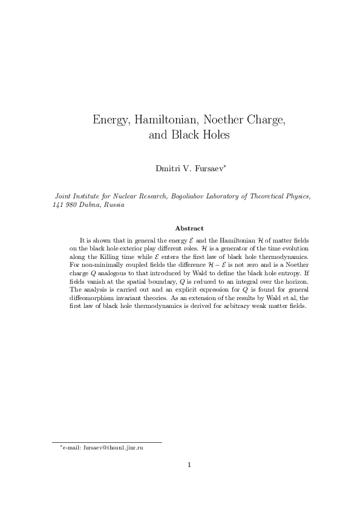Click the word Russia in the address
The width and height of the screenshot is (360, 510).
pyautogui.click(x=114, y=206)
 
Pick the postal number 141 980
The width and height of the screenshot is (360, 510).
pyautogui.click(x=63, y=206)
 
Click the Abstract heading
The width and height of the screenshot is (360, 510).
pyautogui.click(x=189, y=228)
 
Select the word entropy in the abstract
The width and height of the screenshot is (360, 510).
pyautogui.click(x=292, y=273)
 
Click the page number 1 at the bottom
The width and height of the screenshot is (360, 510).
pyautogui.click(x=189, y=465)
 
